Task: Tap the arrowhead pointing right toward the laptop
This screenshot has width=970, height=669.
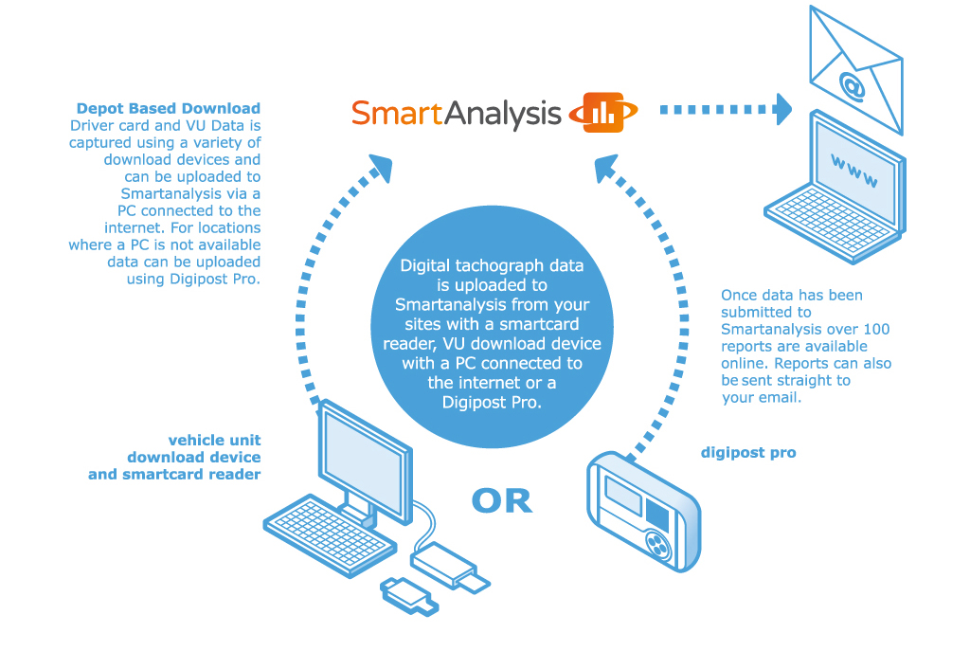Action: [x=782, y=109]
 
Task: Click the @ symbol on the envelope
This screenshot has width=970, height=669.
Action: [x=852, y=86]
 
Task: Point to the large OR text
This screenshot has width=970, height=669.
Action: [x=502, y=500]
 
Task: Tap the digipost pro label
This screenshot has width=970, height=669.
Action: [x=748, y=453]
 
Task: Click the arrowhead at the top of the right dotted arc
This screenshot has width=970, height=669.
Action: [x=606, y=170]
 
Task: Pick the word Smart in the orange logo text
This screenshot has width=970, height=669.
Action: [x=397, y=114]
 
